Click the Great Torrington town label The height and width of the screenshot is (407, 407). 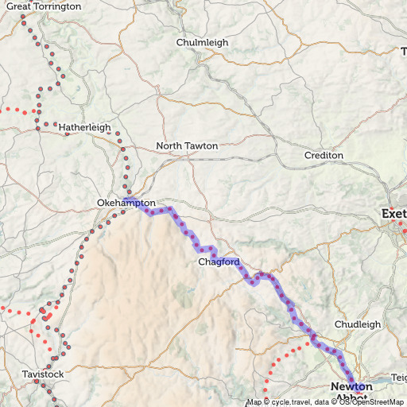pyautogui.click(x=44, y=6)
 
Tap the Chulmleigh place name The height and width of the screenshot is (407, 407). pyautogui.click(x=202, y=42)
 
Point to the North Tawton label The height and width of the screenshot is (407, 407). pyautogui.click(x=187, y=146)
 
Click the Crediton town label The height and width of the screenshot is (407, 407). pyautogui.click(x=324, y=155)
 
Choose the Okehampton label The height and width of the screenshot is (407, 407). pyautogui.click(x=126, y=203)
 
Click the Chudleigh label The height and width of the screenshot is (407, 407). pyautogui.click(x=358, y=324)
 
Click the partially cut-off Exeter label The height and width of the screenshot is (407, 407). pyautogui.click(x=394, y=214)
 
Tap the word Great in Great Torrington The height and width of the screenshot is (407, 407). pyautogui.click(x=21, y=6)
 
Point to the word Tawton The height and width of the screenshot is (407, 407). pyautogui.click(x=203, y=146)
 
